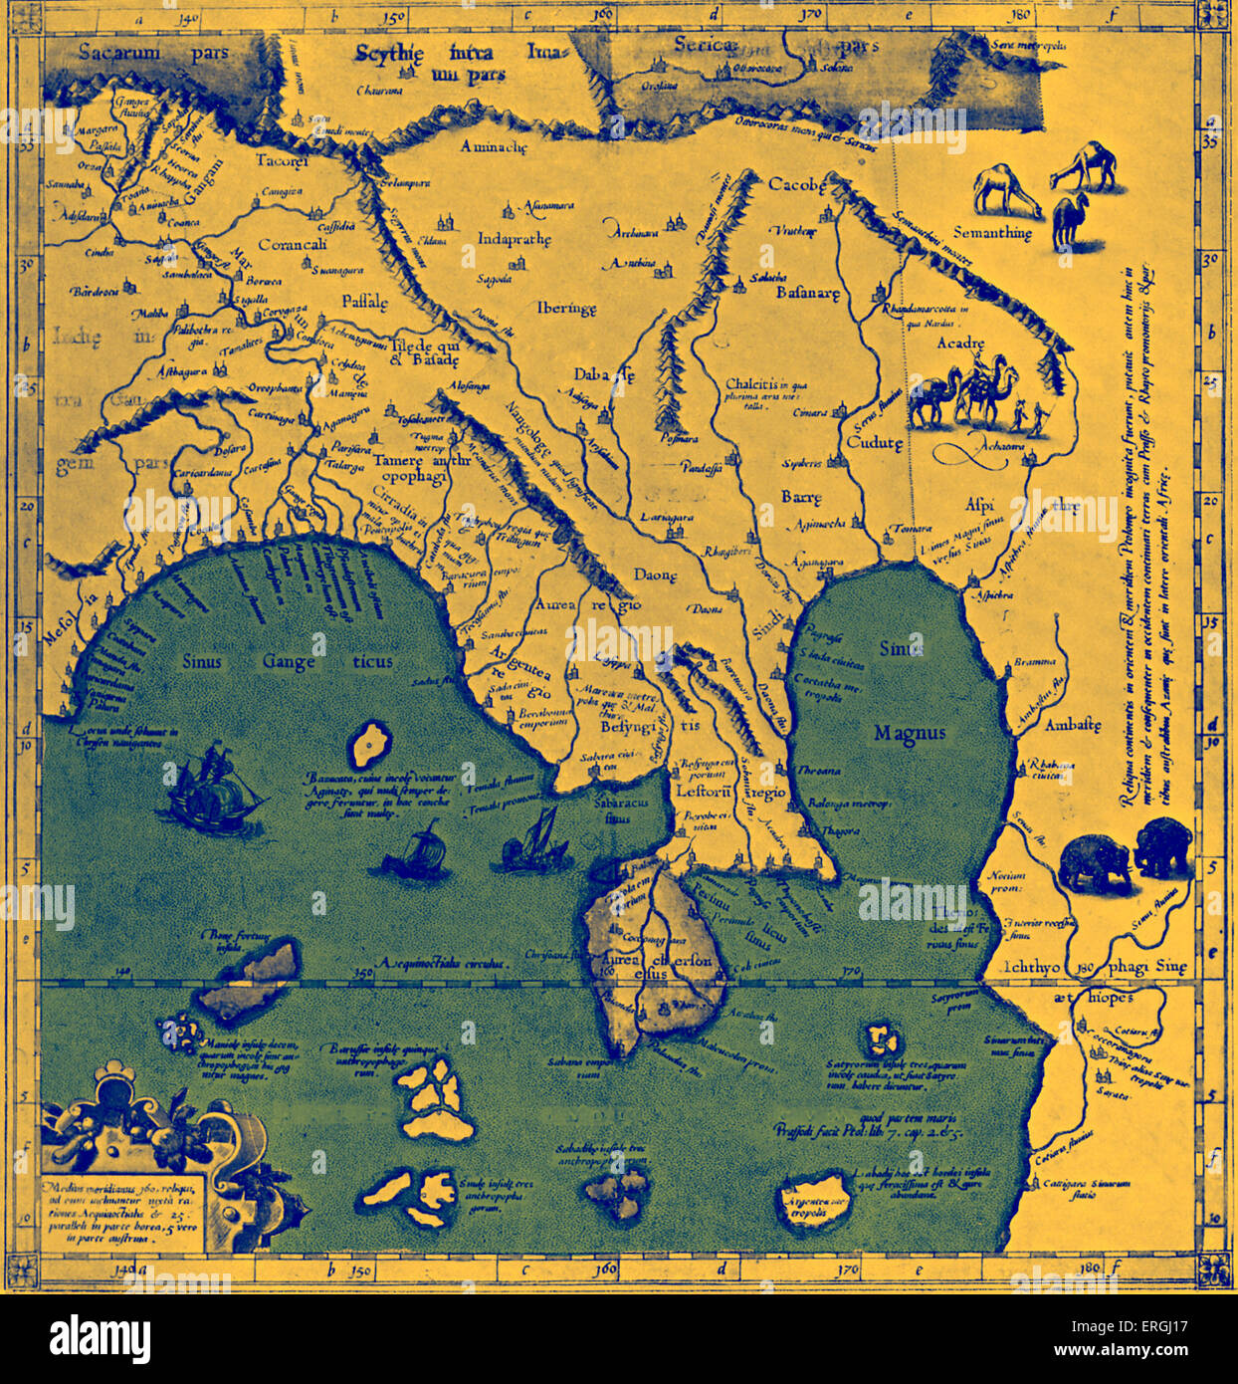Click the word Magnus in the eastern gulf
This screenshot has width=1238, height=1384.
[x=910, y=733]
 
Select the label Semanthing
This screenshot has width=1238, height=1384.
[x=992, y=233]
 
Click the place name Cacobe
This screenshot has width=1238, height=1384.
[x=797, y=185]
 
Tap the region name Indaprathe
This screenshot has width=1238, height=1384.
[x=515, y=240]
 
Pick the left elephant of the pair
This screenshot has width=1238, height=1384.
[x=1095, y=864]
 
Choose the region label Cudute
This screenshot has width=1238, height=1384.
[x=875, y=443]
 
